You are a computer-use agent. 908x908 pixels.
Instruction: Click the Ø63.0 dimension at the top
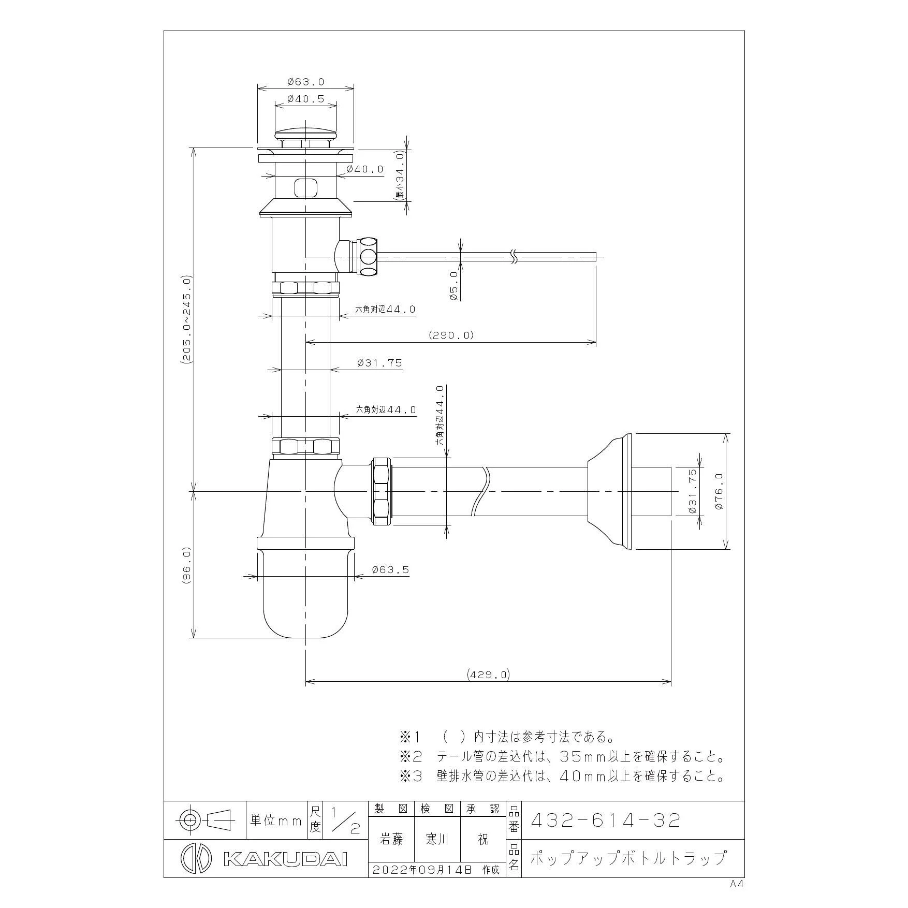[x=305, y=82]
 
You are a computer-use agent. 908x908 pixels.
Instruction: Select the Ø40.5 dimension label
[x=305, y=99]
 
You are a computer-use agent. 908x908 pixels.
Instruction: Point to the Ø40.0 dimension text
[x=365, y=169]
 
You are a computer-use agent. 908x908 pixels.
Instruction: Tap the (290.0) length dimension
[x=451, y=335]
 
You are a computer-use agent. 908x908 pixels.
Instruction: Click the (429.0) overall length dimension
[x=488, y=675]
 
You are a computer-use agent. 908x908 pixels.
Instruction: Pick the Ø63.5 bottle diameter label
[x=390, y=570]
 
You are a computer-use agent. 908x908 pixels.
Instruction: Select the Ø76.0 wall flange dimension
[x=719, y=491]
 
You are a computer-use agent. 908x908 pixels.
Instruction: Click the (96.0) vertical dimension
[x=187, y=566]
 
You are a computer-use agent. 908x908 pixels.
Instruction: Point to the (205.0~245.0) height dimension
[x=187, y=321]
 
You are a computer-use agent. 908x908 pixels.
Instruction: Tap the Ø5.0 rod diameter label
[x=453, y=286]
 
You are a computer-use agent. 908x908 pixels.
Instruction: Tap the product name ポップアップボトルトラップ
[x=628, y=858]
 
